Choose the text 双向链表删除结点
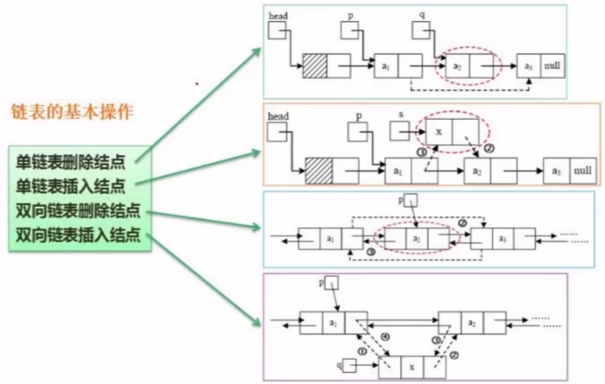pyautogui.click(x=79, y=210)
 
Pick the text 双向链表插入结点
pyautogui.click(x=79, y=234)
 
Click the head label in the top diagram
pyautogui.click(x=278, y=16)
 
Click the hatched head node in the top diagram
pyautogui.click(x=314, y=65)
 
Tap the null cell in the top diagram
pyautogui.click(x=552, y=65)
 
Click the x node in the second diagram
pyautogui.click(x=450, y=130)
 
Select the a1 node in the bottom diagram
pyautogui.click(x=332, y=323)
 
